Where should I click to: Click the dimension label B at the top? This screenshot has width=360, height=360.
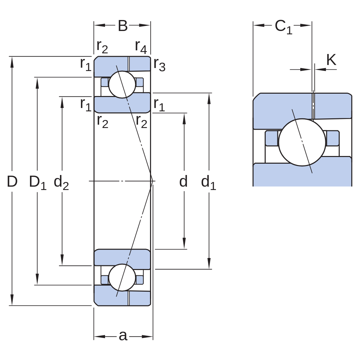[x=123, y=26]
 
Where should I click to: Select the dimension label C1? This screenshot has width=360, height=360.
[x=284, y=27]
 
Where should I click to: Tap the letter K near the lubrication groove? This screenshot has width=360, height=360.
[x=331, y=60]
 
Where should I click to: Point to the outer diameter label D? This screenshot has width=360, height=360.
[x=12, y=181]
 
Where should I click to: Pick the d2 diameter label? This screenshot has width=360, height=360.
[x=61, y=183]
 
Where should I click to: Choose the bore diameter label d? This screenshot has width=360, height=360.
[x=183, y=181]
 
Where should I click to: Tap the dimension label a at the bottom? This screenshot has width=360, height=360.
[x=123, y=336]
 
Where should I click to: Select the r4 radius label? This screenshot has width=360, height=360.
[x=141, y=47]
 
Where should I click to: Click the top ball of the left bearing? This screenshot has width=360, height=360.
[x=122, y=84]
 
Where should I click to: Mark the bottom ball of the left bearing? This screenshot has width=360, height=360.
[x=122, y=278]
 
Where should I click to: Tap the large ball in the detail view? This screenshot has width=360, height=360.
[x=302, y=142]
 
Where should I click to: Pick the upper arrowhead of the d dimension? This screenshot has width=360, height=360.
[x=184, y=119]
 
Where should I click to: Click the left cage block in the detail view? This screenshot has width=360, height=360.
[x=271, y=138]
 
